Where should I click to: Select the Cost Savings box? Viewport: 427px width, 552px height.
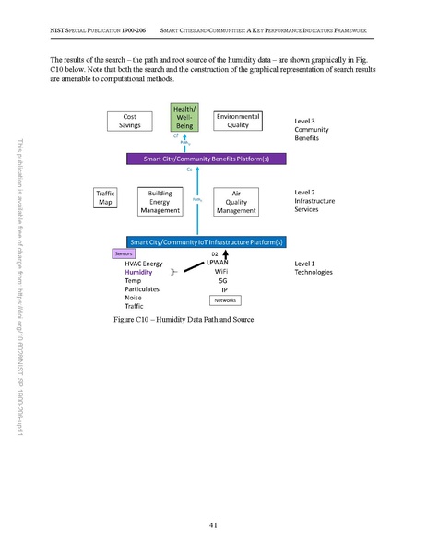pyautogui.click(x=130, y=122)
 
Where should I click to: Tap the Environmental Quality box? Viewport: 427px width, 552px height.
pyautogui.click(x=238, y=122)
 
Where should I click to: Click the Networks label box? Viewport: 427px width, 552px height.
pyautogui.click(x=225, y=300)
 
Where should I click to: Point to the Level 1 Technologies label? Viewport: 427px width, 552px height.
pyautogui.click(x=314, y=268)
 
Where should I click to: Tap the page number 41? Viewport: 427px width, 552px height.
pyautogui.click(x=213, y=524)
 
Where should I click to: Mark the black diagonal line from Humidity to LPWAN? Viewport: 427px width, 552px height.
pyautogui.click(x=193, y=268)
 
